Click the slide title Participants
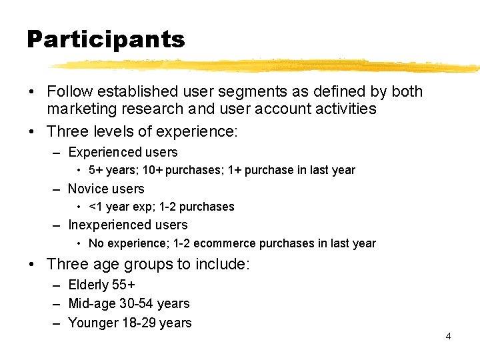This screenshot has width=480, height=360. point(105,40)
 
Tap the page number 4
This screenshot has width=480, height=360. point(448,336)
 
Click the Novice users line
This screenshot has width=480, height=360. point(106,189)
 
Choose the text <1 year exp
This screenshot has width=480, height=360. point(119,207)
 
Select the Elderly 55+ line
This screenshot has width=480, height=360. point(102,285)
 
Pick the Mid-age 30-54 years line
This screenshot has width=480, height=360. point(129,303)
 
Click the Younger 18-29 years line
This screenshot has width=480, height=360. point(130,323)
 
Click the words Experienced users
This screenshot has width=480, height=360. point(123,152)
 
